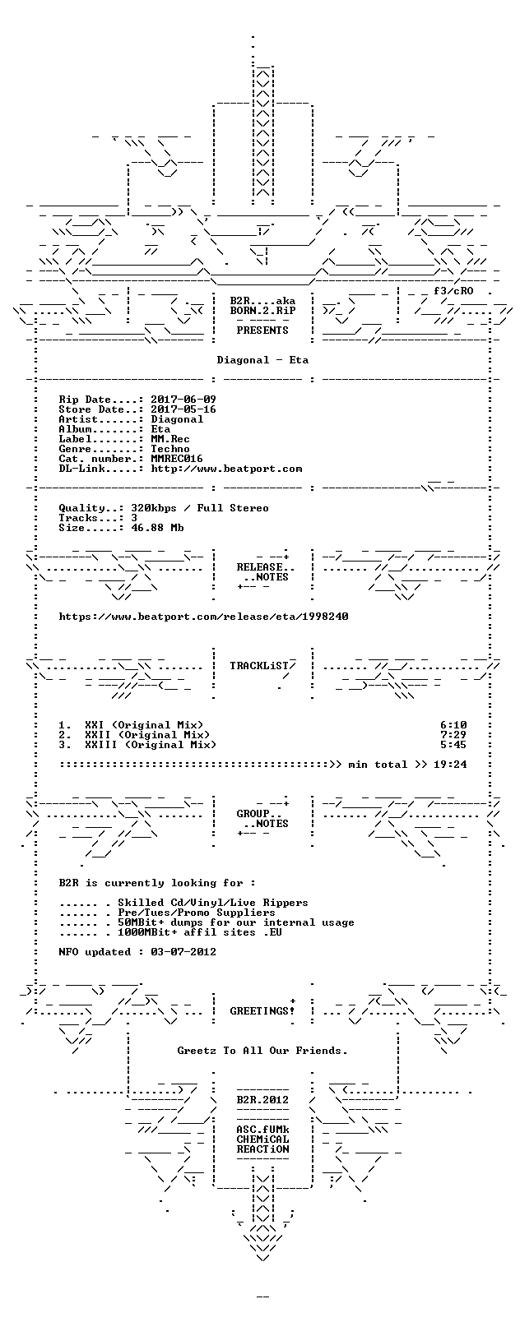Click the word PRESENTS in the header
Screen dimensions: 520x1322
pyautogui.click(x=262, y=330)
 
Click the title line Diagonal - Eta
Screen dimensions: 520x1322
pyautogui.click(x=262, y=360)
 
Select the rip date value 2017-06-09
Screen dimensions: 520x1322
pyautogui.click(x=183, y=400)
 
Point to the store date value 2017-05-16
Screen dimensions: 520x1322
pyautogui.click(x=183, y=409)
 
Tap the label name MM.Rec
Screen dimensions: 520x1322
pyautogui.click(x=170, y=439)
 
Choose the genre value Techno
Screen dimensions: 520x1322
pyautogui.click(x=170, y=449)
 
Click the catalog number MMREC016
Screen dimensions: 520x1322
pyautogui.click(x=177, y=459)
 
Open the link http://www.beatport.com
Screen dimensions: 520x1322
pyautogui.click(x=226, y=469)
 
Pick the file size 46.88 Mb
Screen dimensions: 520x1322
pyautogui.click(x=157, y=528)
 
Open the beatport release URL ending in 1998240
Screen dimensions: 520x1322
pyautogui.click(x=203, y=617)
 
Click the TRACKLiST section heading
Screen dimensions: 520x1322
pyautogui.click(x=262, y=666)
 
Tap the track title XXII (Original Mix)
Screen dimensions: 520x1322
pyautogui.click(x=147, y=735)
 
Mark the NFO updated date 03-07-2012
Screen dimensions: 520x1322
pyautogui.click(x=183, y=952)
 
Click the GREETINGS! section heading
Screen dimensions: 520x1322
pyautogui.click(x=262, y=1011)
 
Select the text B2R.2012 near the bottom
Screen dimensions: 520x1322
pyautogui.click(x=262, y=1100)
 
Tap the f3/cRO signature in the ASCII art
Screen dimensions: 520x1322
pyautogui.click(x=453, y=291)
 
